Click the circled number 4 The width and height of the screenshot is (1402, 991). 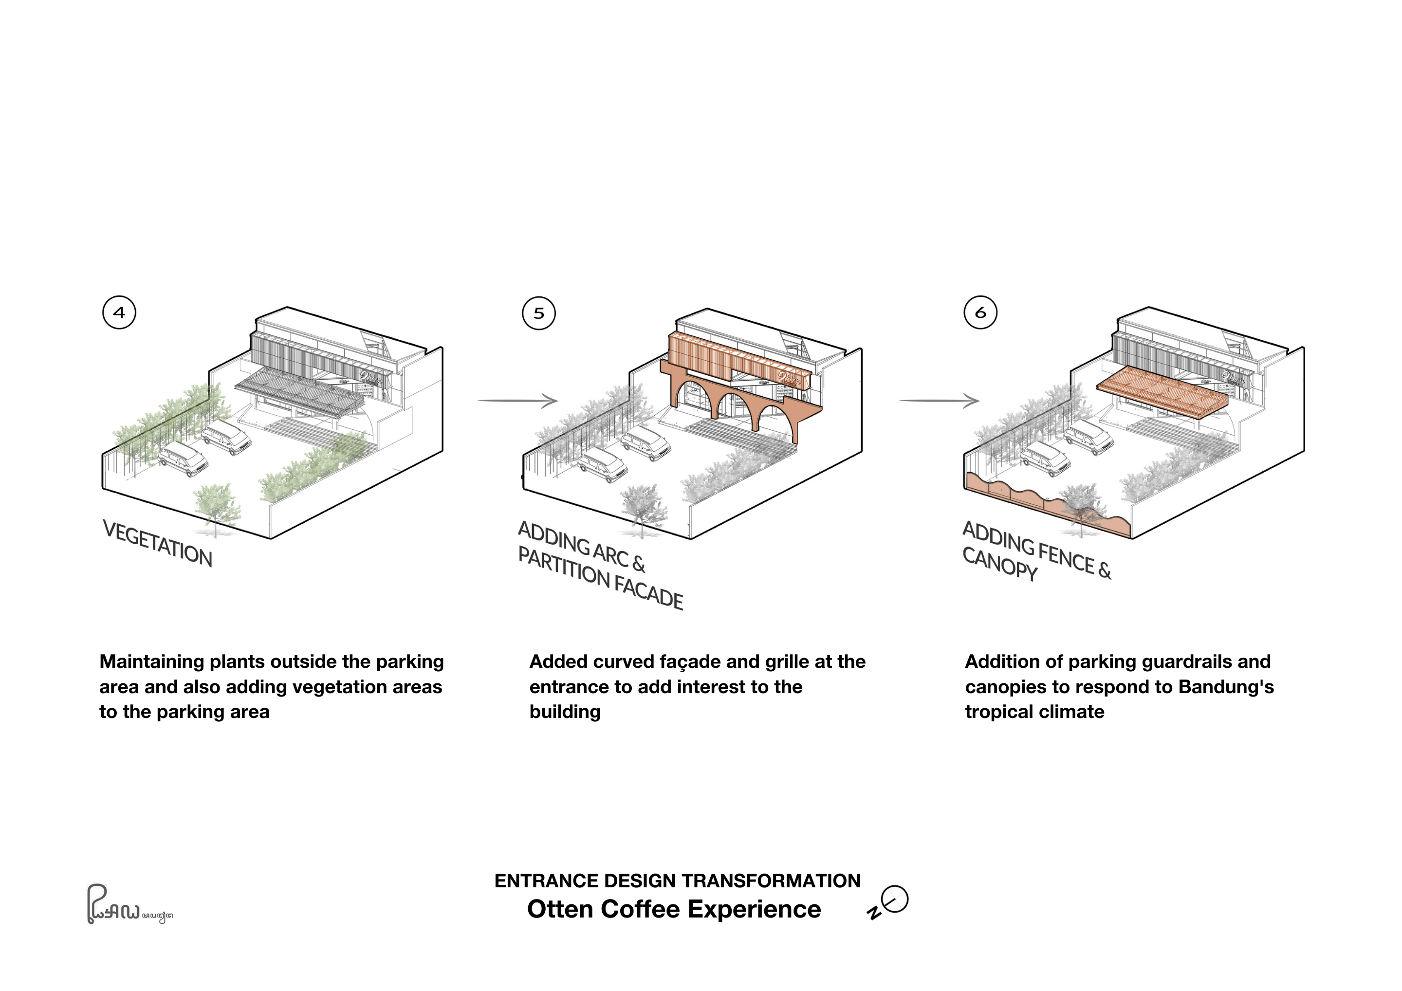(119, 312)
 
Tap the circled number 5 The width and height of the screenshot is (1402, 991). (538, 313)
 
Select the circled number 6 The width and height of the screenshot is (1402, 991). (980, 312)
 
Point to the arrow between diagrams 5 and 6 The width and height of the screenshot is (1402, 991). (939, 401)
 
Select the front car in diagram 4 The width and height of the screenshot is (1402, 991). (183, 459)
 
